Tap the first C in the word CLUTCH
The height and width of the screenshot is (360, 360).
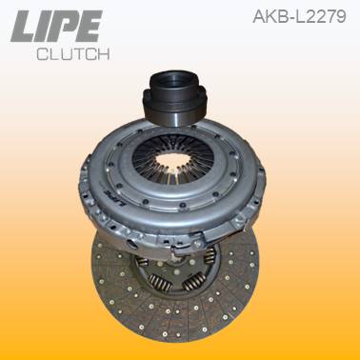click(x=42, y=53)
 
